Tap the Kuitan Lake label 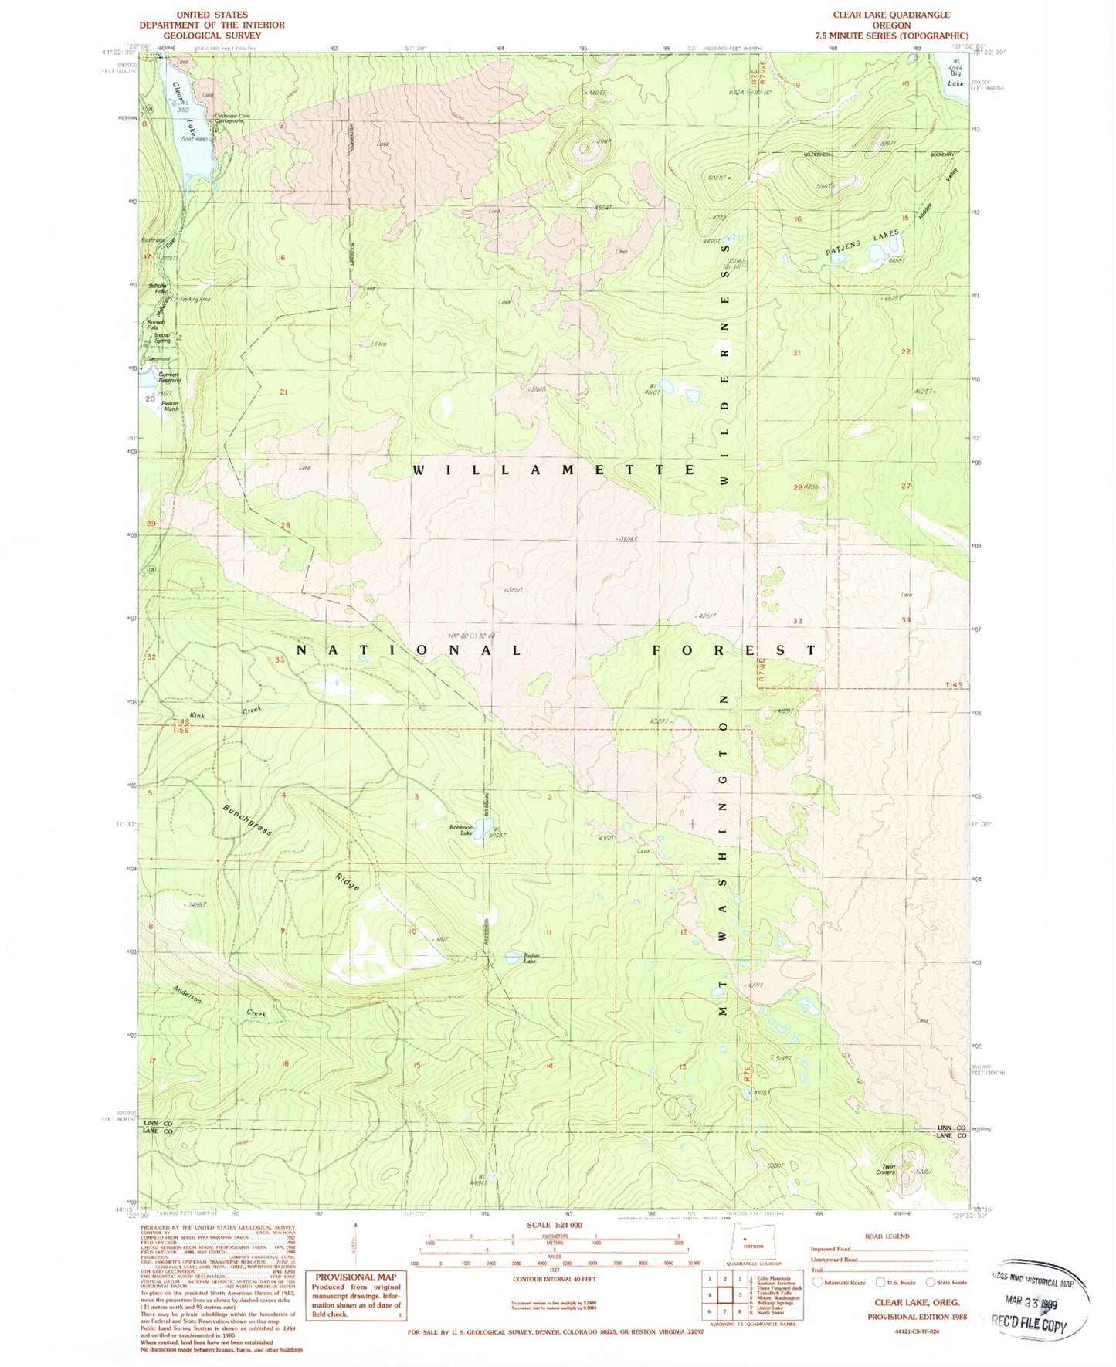point(529,958)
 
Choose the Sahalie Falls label point(158,288)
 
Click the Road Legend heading point(887,1236)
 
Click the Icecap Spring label point(162,338)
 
